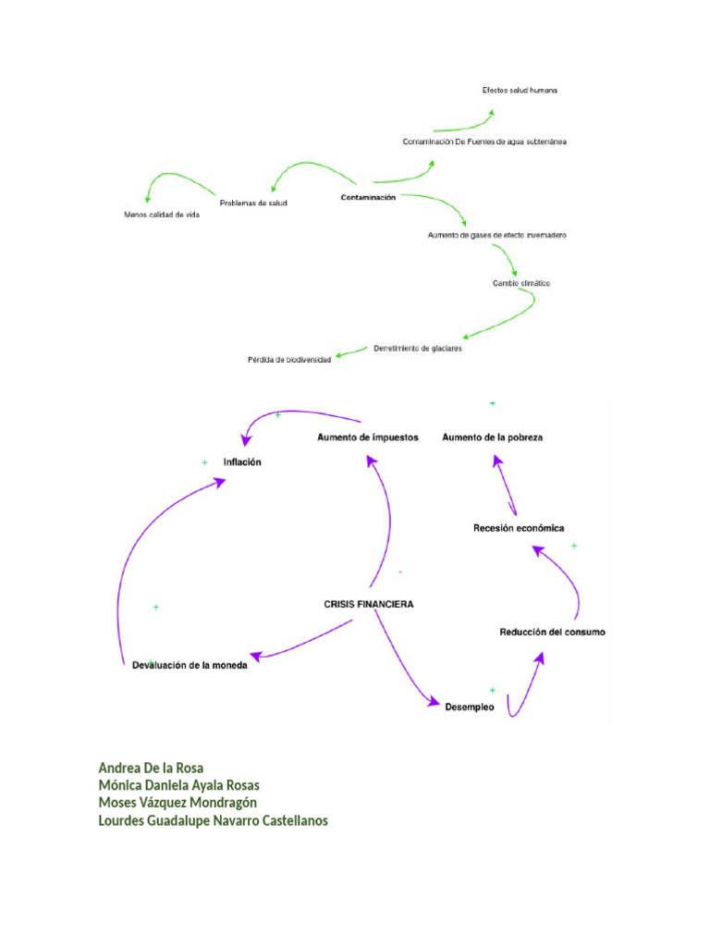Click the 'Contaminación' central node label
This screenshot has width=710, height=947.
[x=367, y=198]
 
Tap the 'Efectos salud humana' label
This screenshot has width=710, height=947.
[x=519, y=91]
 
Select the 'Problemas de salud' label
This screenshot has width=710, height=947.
[x=252, y=203]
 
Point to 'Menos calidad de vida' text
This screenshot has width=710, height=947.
[x=161, y=215]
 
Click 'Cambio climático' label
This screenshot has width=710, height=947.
[x=520, y=283]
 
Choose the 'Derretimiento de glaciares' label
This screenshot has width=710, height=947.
[x=417, y=349]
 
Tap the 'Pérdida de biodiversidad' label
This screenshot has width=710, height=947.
[x=288, y=359]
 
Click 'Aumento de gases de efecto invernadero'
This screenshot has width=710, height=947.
[x=496, y=236]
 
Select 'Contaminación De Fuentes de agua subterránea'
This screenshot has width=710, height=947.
[x=484, y=142]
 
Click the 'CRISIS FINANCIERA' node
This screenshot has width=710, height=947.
[x=368, y=604]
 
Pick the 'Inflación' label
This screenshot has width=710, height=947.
[x=242, y=461]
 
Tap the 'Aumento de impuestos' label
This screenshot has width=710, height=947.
[x=367, y=437]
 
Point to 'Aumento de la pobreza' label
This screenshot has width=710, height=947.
[x=492, y=437]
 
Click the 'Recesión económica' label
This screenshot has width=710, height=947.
[x=518, y=528]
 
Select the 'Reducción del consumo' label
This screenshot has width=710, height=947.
[x=552, y=633]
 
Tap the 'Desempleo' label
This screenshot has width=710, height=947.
[x=469, y=707]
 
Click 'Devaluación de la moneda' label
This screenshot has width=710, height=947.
[x=190, y=665]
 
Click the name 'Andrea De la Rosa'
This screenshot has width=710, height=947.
[x=151, y=768]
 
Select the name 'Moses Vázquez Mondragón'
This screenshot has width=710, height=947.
[x=177, y=803]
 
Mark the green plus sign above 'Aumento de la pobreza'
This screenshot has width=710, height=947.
[x=492, y=403]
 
